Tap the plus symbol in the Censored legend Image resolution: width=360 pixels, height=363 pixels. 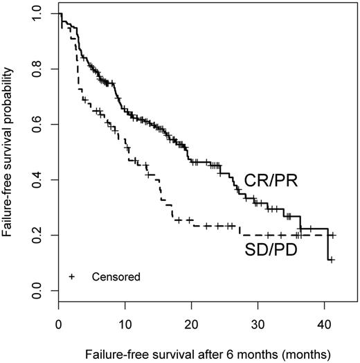pos(72,277)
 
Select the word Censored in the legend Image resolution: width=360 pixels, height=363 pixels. pos(116,277)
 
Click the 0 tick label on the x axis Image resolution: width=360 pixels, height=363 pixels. pos(60,324)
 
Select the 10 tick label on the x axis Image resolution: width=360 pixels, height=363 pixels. pos(125,324)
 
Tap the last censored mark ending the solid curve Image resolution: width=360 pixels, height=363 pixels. pos(332,260)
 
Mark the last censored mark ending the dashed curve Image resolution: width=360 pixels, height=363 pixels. pos(332,236)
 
